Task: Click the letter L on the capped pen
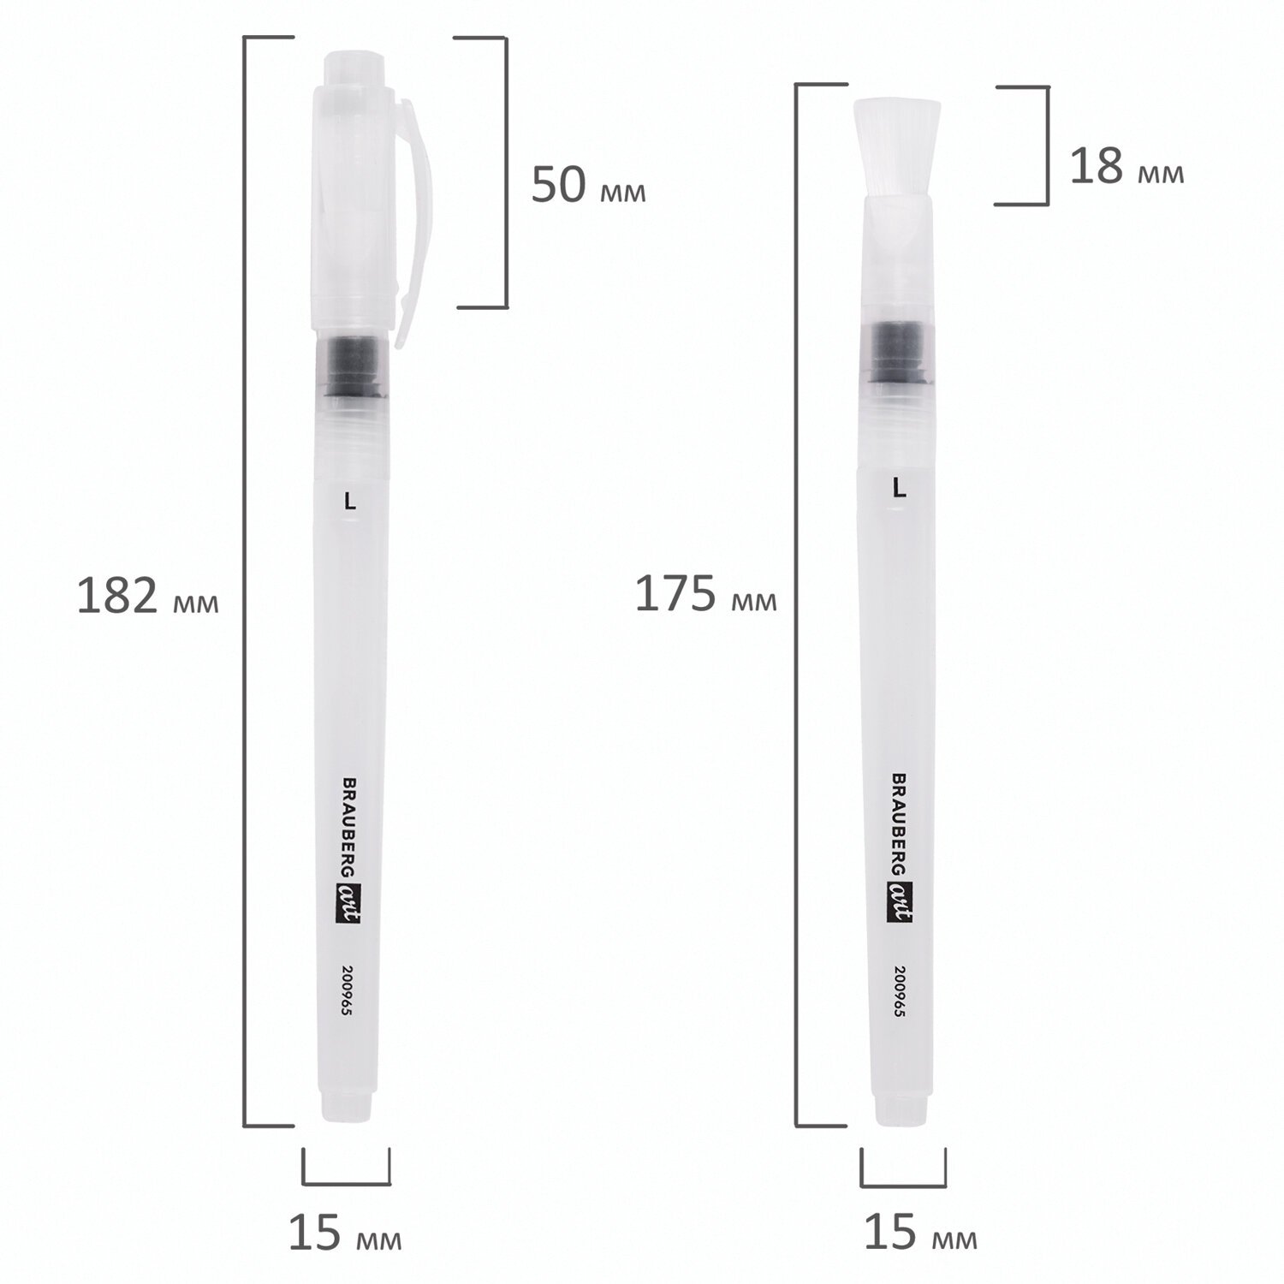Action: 349,502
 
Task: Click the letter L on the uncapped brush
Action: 899,488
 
